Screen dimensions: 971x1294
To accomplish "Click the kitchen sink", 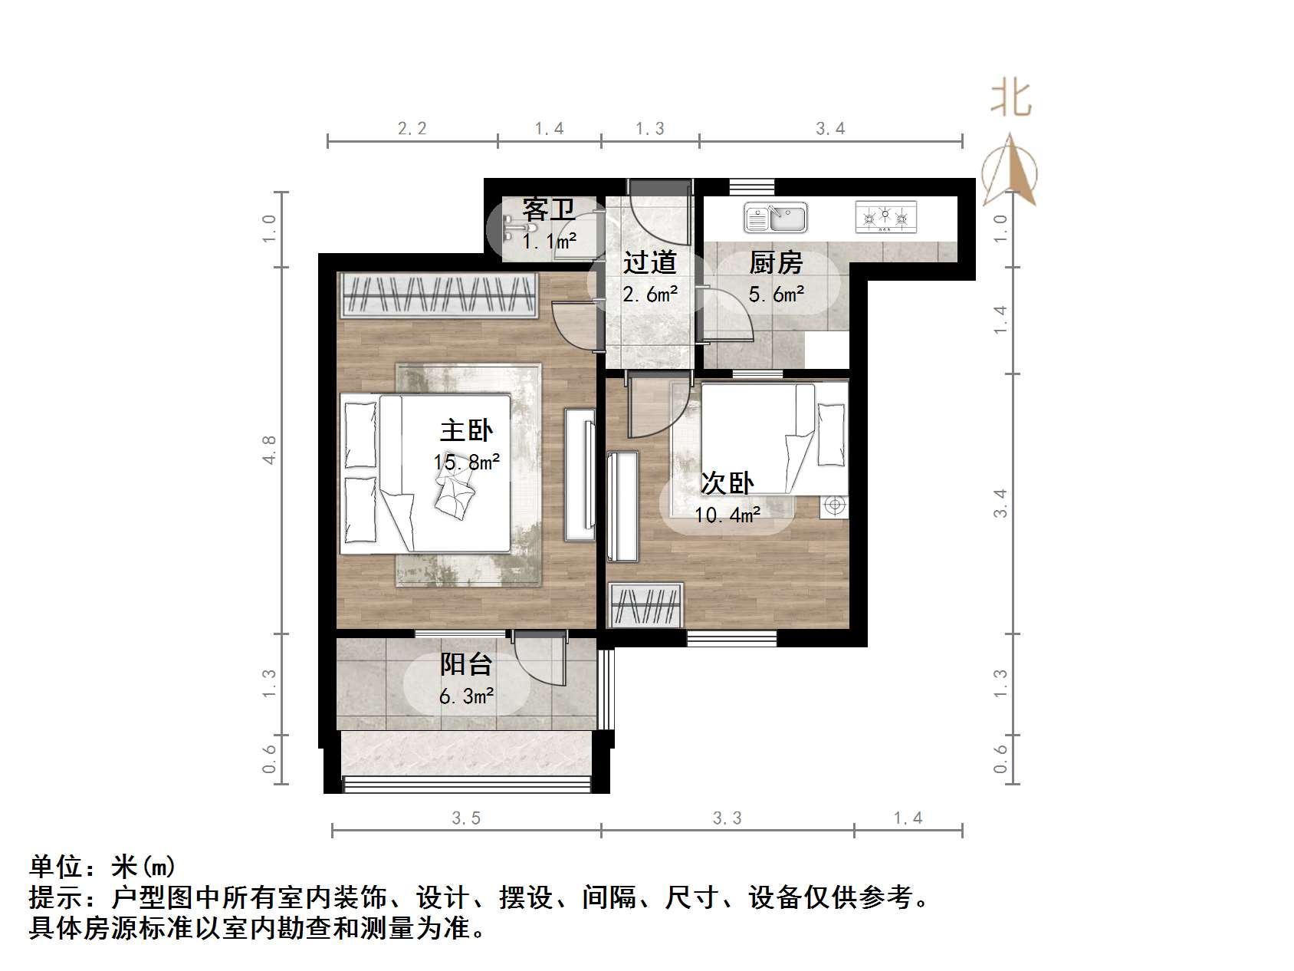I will click(775, 218).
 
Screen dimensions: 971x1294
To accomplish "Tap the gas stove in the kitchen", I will click(885, 217).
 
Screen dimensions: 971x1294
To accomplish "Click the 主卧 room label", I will click(466, 430).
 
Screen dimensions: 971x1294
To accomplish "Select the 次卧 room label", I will click(727, 483).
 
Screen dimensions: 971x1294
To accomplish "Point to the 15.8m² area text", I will click(466, 462).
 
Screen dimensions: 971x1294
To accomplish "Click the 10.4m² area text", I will click(727, 515).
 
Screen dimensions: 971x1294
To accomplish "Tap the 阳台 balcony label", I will click(465, 664).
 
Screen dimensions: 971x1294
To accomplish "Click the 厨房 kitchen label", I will click(775, 263).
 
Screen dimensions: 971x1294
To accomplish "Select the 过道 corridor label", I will click(649, 263).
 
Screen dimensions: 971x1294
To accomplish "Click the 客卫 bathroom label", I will click(548, 209).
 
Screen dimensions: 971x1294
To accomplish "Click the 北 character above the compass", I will click(1011, 99).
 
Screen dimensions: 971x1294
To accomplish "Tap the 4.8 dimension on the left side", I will click(268, 449).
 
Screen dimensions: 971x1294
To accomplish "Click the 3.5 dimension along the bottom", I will click(466, 818).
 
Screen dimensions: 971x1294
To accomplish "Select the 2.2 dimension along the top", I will click(412, 129).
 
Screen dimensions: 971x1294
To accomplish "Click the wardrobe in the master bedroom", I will click(438, 295).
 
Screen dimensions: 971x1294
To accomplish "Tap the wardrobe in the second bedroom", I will click(645, 605).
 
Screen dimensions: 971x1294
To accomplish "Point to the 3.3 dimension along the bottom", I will click(727, 818).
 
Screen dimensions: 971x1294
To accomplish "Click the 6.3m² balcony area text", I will click(466, 696).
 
